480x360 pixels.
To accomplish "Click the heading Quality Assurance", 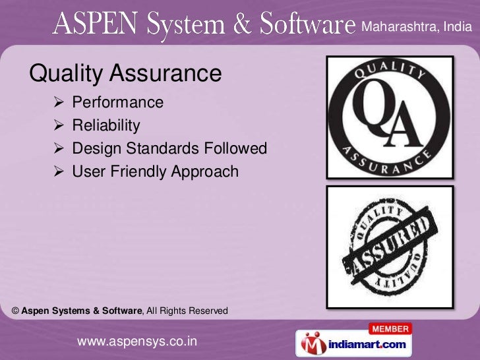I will [126, 73].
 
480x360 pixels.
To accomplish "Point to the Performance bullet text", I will [117, 102].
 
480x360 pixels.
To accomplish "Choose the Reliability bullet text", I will [106, 125].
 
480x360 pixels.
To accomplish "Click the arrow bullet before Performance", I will [58, 102].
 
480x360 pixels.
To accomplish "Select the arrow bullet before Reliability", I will [58, 125].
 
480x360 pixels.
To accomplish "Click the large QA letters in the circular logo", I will [390, 119].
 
